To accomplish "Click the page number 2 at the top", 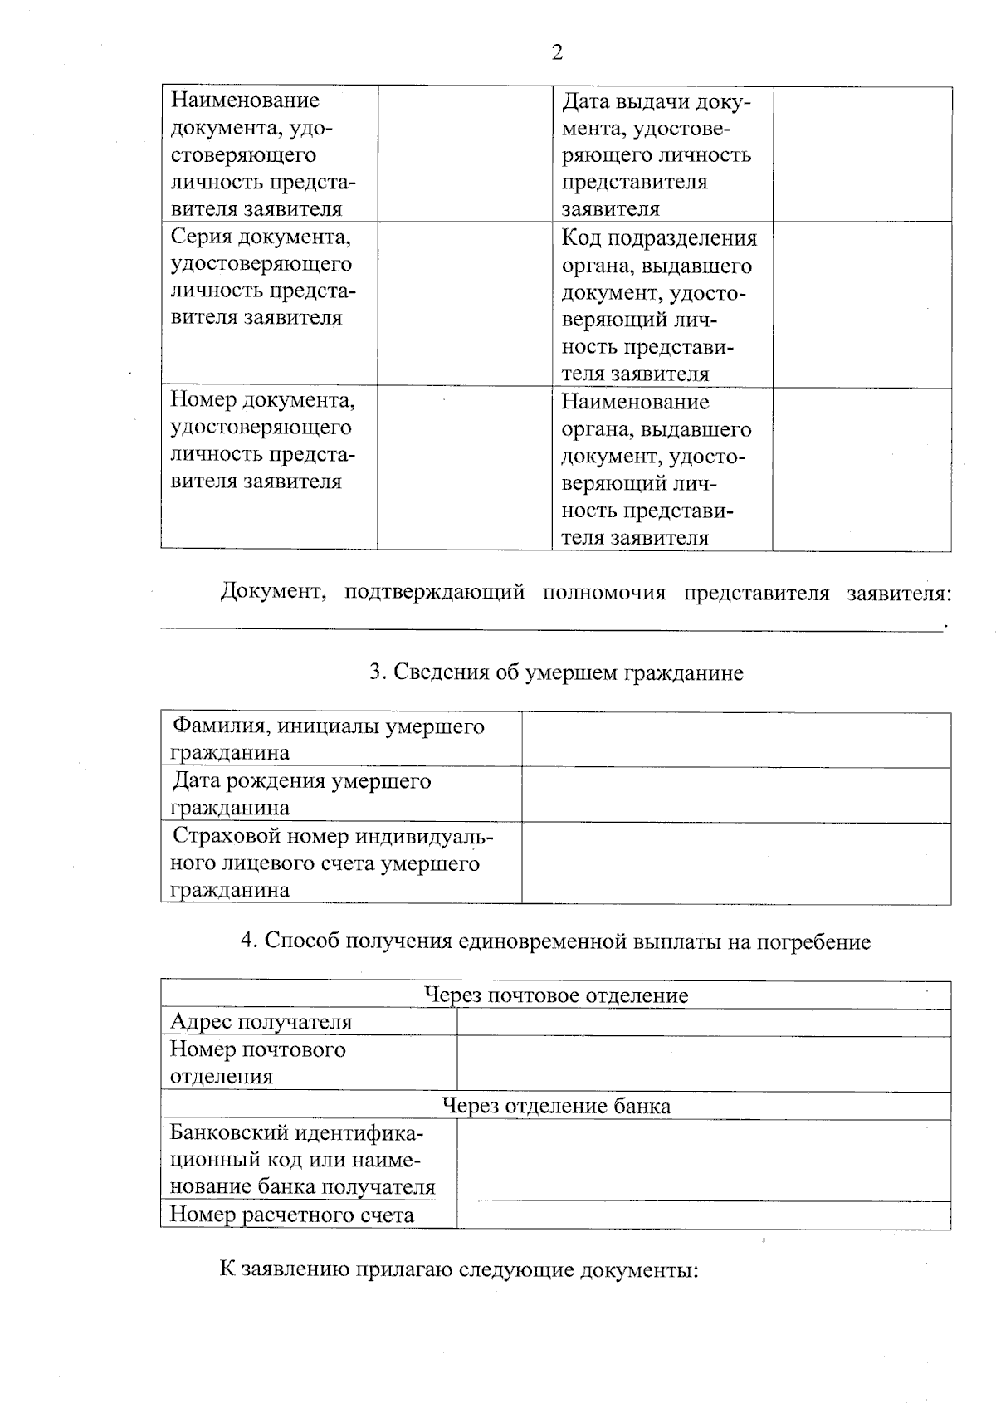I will pos(557,53).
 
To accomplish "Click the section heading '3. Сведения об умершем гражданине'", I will pos(556,672).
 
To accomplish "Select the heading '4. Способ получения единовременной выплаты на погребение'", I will pos(555,941).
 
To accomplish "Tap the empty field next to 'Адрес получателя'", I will pos(703,1023).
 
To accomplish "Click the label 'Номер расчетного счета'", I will pos(291,1215).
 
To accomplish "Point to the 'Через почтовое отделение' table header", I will pos(555,995).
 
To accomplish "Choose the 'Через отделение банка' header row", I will pos(555,1106).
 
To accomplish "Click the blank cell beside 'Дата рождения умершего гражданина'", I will pos(735,795).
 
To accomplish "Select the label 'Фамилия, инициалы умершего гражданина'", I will pos(328,740).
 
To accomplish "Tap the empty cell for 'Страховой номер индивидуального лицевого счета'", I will pos(735,863).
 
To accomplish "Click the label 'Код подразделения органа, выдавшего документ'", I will pos(659,305).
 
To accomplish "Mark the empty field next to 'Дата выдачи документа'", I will pos(862,154).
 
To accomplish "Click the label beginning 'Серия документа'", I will pos(262,277).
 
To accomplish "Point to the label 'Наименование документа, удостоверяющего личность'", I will pos(262,154).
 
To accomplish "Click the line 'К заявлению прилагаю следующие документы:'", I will pos(459,1269).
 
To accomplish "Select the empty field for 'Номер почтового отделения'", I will pos(703,1064).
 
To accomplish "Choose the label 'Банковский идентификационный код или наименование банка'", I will pos(302,1160).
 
